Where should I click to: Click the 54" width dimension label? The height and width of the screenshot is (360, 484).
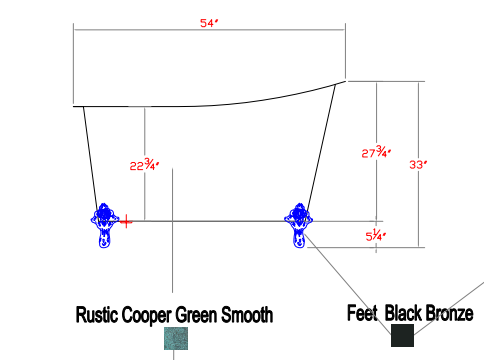click(x=209, y=23)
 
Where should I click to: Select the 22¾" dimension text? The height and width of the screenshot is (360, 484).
click(x=144, y=165)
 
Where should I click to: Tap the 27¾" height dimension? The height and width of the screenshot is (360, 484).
click(x=376, y=152)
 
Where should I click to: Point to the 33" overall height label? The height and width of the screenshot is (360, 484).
click(x=418, y=164)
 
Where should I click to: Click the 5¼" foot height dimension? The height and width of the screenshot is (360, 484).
click(x=376, y=235)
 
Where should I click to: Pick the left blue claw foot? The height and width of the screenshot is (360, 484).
click(x=105, y=225)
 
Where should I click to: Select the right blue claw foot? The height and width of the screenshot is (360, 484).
click(x=299, y=225)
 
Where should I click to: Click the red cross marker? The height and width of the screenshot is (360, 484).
click(x=126, y=221)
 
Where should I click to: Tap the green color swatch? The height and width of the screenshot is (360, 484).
click(x=176, y=338)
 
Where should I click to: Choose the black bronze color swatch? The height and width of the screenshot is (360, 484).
click(x=402, y=335)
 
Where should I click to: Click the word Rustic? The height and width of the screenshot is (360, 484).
click(x=97, y=315)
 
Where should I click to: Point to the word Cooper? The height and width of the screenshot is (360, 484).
click(x=147, y=315)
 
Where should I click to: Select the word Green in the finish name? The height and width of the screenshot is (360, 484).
click(x=197, y=315)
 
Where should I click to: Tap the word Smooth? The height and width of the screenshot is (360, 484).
click(x=247, y=315)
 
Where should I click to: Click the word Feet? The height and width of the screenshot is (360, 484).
click(x=362, y=313)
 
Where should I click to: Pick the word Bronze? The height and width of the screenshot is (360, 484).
click(x=450, y=313)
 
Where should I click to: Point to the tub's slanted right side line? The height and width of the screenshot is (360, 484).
click(x=321, y=151)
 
